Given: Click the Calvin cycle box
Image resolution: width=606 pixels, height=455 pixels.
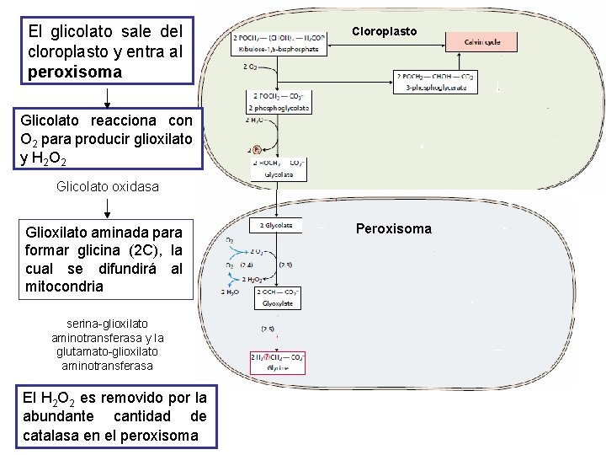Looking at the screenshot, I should [480, 41].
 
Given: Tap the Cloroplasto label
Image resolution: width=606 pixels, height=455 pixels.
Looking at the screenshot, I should [384, 31].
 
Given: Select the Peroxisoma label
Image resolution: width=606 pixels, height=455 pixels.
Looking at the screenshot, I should [393, 228].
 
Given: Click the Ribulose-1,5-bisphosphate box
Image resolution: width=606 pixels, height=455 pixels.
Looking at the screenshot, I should [279, 44].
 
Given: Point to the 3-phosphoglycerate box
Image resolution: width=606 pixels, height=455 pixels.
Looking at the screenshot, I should [435, 82].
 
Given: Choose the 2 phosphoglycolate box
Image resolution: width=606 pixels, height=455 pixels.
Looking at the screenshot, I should [279, 102].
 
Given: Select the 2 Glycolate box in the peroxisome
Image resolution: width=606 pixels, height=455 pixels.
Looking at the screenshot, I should [276, 225].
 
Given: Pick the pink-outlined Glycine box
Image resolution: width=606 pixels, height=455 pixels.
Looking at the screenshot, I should [277, 362].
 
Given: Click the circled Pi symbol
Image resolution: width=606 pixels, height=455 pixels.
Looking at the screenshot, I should [258, 149].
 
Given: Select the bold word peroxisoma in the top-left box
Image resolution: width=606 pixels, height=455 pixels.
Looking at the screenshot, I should [75, 72].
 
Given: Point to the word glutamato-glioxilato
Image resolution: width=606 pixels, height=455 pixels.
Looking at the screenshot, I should [105, 351].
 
